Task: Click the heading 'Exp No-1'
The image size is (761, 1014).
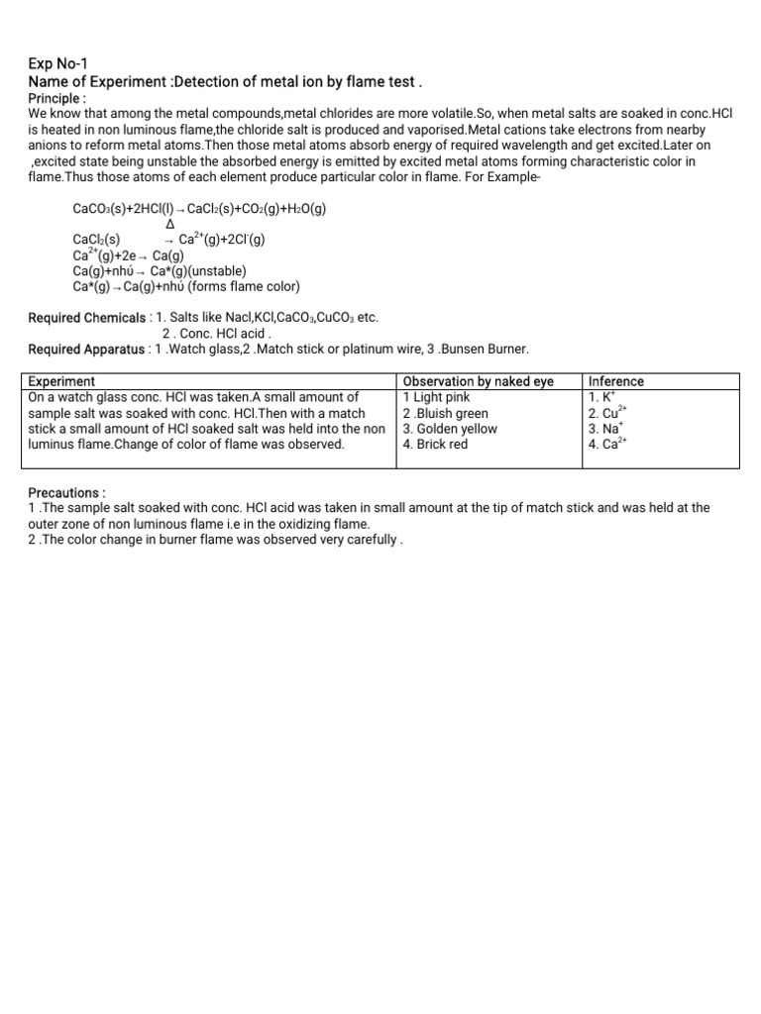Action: click(x=57, y=64)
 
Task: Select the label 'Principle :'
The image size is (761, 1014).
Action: click(x=57, y=98)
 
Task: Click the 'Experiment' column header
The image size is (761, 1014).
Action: click(x=61, y=381)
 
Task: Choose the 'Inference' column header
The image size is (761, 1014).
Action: click(x=615, y=381)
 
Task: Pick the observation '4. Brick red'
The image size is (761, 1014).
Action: click(x=435, y=445)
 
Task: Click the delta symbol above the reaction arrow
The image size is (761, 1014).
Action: click(x=169, y=225)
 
